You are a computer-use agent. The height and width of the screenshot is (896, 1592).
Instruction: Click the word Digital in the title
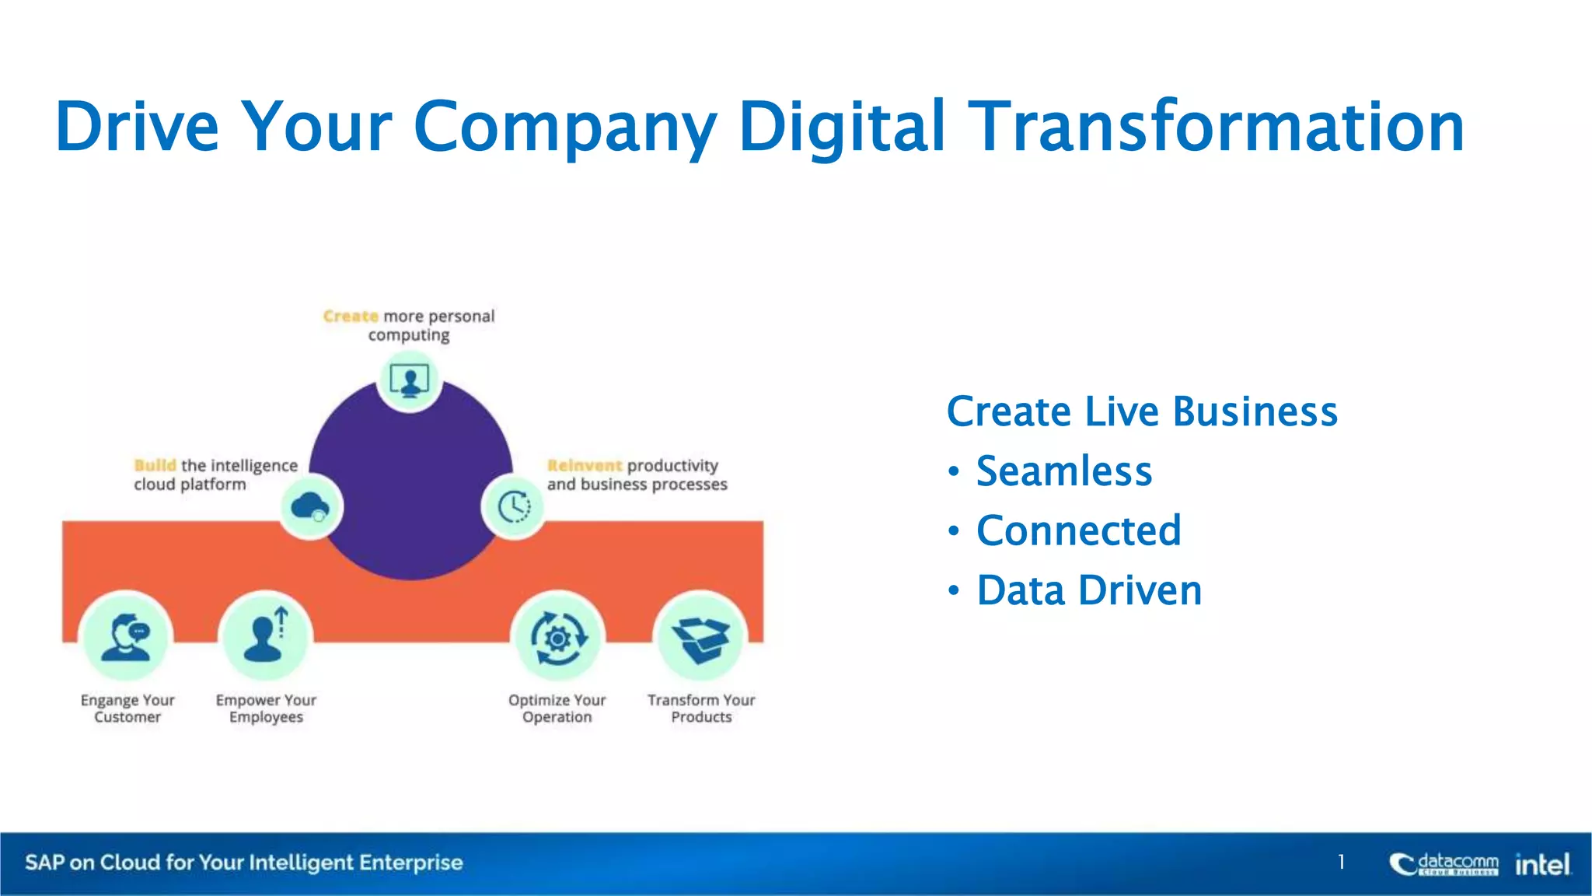click(842, 127)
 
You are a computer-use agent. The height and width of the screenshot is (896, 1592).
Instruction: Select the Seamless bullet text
click(1063, 471)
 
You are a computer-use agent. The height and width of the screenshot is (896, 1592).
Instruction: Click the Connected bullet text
click(1078, 531)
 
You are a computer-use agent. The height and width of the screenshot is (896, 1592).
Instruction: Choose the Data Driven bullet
click(1088, 591)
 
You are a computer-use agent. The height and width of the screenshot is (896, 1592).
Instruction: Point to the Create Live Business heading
click(1141, 411)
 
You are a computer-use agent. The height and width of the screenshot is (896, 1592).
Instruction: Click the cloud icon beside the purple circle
click(310, 507)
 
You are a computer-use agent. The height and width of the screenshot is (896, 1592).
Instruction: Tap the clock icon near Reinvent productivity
click(513, 507)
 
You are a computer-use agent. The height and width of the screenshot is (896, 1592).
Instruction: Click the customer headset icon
click(127, 637)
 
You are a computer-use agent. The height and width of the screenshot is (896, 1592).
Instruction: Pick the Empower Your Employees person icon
click(265, 637)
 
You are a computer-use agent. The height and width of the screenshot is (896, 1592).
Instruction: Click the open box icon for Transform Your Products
click(700, 639)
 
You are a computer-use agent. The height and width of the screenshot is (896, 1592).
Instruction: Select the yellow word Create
click(351, 317)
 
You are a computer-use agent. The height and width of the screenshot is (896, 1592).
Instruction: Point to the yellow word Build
click(155, 466)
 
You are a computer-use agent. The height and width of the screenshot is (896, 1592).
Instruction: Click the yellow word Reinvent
click(585, 466)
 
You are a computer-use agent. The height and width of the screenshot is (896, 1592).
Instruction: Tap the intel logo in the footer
click(1542, 863)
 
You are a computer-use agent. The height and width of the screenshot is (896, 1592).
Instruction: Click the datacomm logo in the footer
click(1444, 863)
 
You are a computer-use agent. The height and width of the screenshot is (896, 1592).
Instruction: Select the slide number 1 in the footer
click(1341, 862)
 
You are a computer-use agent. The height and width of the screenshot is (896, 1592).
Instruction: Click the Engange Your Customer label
click(127, 709)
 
